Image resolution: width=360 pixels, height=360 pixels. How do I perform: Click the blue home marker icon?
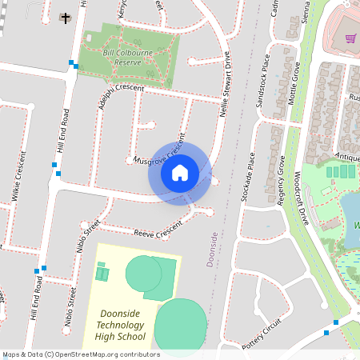pos(179,172)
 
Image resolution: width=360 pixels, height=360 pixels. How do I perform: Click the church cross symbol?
pos(65,17)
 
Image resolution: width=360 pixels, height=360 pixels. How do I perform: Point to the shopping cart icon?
pos(350,38)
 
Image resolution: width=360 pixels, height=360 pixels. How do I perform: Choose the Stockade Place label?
pos(250,176)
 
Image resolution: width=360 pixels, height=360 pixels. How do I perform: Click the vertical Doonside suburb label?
pos(212,249)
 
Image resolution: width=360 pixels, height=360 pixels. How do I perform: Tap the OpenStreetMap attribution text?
pos(80,354)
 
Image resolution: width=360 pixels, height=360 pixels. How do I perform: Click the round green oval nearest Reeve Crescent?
pos(143,274)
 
